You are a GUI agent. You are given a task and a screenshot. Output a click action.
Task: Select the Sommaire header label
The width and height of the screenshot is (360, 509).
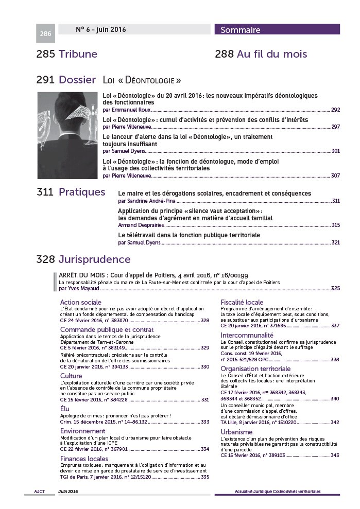pos(241,30)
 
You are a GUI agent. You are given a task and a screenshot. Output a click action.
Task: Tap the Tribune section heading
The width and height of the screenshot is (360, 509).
pos(78,54)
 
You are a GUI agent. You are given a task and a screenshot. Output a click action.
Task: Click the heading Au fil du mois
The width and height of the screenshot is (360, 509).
pos(272,54)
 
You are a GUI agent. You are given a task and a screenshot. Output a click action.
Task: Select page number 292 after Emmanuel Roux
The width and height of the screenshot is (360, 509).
pos(335,110)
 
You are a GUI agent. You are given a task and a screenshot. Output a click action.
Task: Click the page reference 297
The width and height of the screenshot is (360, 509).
pos(335,127)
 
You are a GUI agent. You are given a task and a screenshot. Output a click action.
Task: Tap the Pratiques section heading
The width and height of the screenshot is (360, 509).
pos(82,192)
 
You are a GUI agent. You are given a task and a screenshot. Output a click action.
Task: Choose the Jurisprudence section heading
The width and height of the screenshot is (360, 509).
pos(94,259)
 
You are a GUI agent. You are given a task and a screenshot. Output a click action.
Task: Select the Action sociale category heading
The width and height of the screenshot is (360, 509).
pos(81,302)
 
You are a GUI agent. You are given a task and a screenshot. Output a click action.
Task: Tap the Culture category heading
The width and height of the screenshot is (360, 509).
pos(71,376)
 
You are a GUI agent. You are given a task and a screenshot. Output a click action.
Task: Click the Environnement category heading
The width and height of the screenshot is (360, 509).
pos(83,431)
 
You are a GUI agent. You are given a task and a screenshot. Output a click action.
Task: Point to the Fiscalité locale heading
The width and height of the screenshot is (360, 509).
pos(242,302)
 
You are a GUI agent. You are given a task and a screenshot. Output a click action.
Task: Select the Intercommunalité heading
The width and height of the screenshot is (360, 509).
pos(247,335)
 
